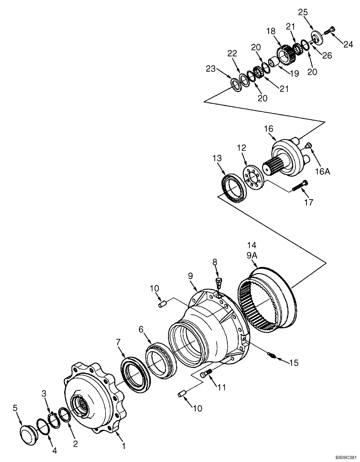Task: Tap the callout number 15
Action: pyautogui.click(x=294, y=364)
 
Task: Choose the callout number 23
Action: pyautogui.click(x=211, y=70)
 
